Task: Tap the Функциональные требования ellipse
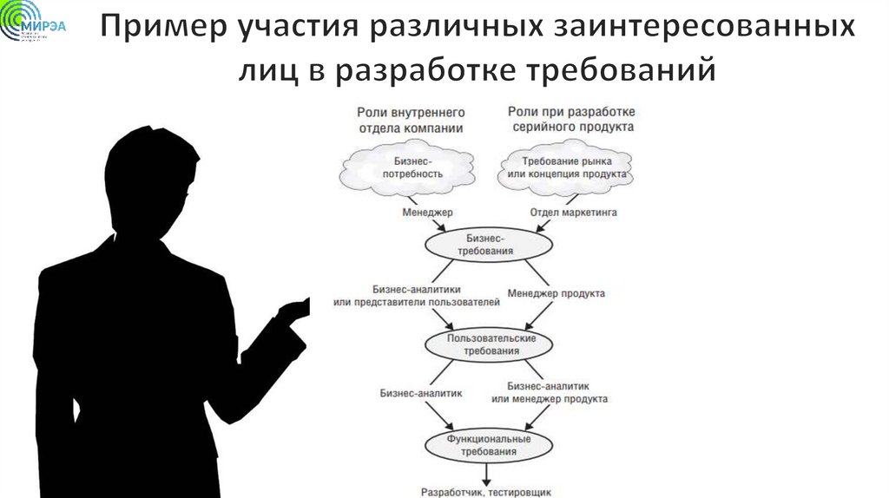pos(489,445)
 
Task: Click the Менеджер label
pos(428,211)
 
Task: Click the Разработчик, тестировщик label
pos(486,491)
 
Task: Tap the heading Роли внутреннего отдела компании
pos(411,119)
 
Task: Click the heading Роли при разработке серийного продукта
pos(570,119)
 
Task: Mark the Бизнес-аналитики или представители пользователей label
pos(417,296)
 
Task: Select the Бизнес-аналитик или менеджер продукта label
pos(549,392)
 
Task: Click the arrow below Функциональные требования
pos(487,472)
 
